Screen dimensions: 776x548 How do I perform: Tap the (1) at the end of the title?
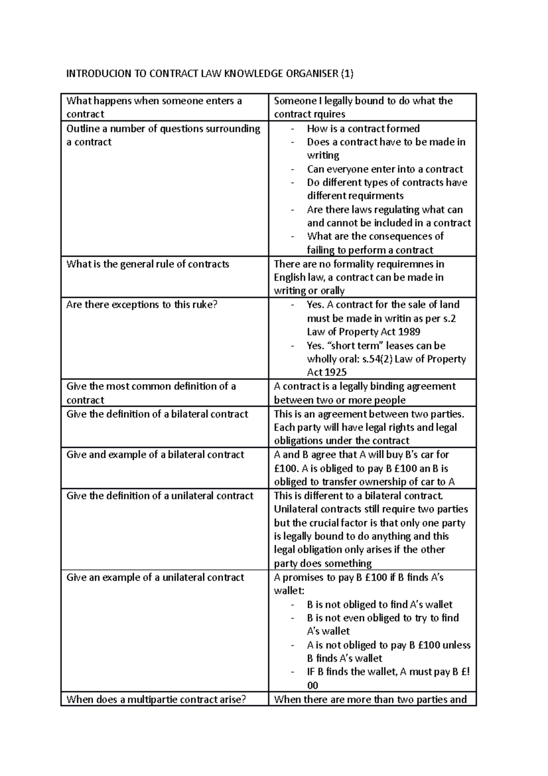click(347, 74)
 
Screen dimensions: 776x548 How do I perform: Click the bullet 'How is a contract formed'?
click(363, 128)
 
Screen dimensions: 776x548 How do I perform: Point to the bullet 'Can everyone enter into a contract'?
click(385, 169)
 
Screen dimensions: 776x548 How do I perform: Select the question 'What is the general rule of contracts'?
click(148, 264)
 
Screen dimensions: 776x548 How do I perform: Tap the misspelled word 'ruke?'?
click(203, 304)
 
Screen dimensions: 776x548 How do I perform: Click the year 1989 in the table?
click(409, 332)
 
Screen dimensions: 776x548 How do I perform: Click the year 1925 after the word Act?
click(335, 372)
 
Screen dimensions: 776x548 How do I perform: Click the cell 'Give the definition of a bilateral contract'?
click(157, 414)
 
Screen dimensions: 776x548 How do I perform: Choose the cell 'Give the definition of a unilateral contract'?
click(160, 496)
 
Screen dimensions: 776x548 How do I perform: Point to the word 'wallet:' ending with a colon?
click(289, 590)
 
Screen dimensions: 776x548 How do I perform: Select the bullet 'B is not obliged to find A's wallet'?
click(379, 604)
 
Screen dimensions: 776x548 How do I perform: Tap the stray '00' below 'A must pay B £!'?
click(313, 685)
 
